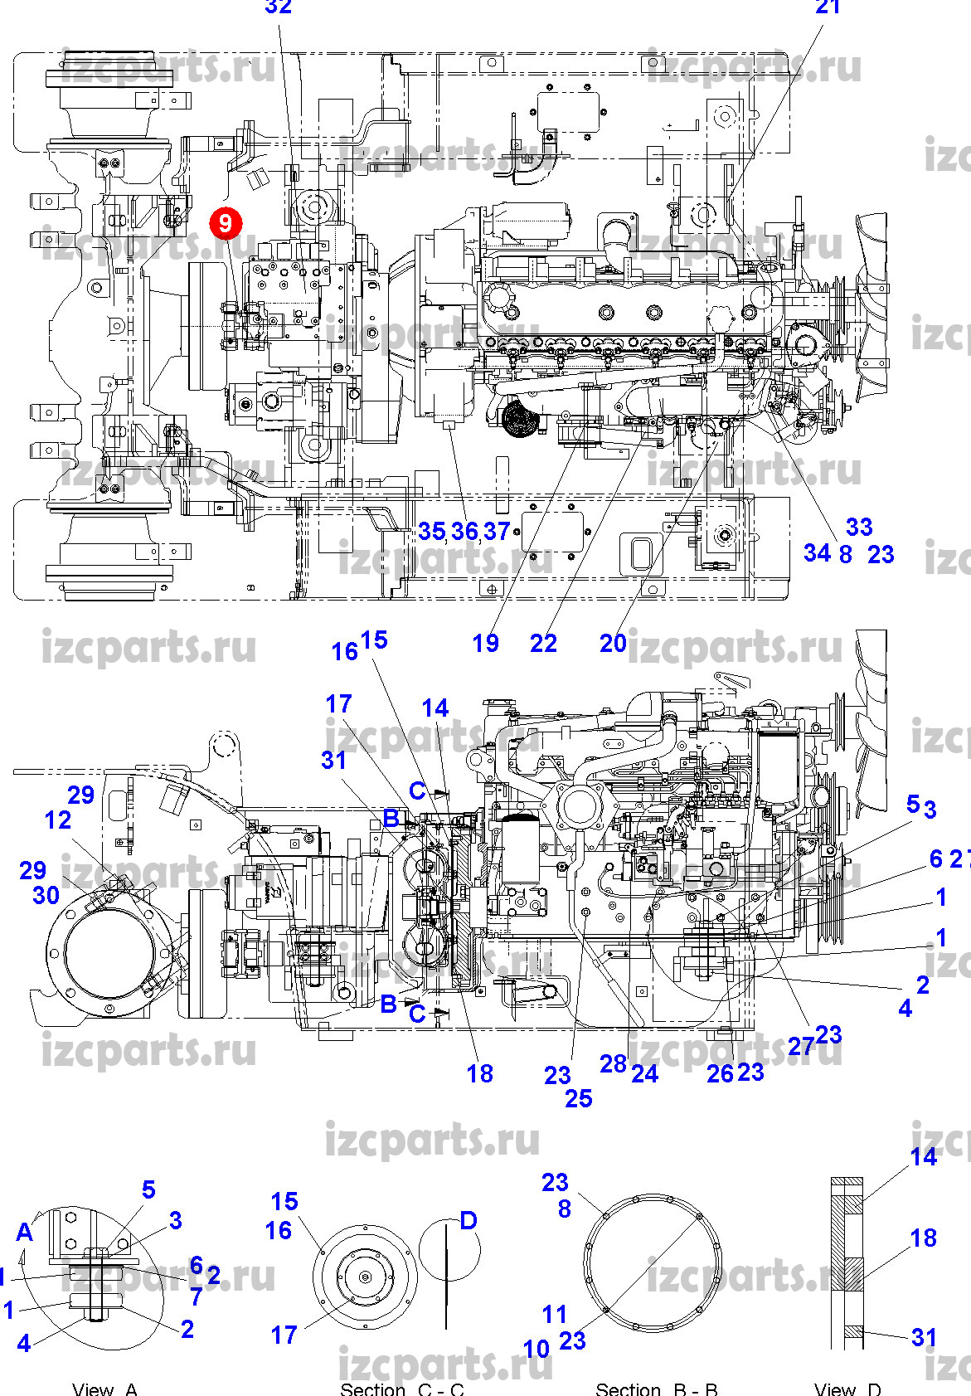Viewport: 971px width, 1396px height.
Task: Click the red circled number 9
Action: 225,223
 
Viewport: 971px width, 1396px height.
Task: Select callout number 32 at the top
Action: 279,7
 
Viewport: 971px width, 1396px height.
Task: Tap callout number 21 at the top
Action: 828,7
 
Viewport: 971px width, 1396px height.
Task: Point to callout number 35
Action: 431,531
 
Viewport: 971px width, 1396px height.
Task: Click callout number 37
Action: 496,531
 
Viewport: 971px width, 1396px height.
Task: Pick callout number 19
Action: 486,643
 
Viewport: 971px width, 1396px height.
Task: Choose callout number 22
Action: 543,643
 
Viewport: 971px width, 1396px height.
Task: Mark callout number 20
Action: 613,643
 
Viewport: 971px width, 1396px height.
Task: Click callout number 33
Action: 859,527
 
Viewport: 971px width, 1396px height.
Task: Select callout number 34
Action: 817,553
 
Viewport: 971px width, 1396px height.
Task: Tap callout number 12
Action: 58,820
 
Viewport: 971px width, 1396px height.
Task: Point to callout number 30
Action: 46,895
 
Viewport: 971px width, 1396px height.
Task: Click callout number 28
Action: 613,1064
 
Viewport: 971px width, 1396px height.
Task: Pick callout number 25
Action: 579,1099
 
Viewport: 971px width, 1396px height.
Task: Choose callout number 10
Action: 536,1350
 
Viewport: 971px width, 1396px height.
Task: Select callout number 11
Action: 555,1315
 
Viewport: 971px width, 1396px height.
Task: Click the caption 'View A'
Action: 104,1389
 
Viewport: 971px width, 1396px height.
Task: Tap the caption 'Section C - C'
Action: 402,1389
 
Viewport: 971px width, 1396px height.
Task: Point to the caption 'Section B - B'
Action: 657,1389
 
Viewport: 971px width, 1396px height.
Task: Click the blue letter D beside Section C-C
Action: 469,1220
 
